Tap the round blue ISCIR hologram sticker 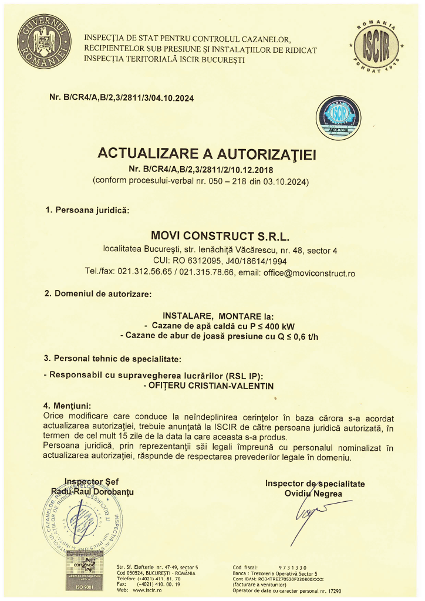pyautogui.click(x=338, y=116)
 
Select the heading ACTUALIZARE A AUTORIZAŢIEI pyautogui.click(x=207, y=154)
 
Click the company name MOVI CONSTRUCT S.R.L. pyautogui.click(x=221, y=237)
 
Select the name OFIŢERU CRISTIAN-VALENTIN pyautogui.click(x=208, y=386)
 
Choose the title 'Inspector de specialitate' pyautogui.click(x=315, y=484)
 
